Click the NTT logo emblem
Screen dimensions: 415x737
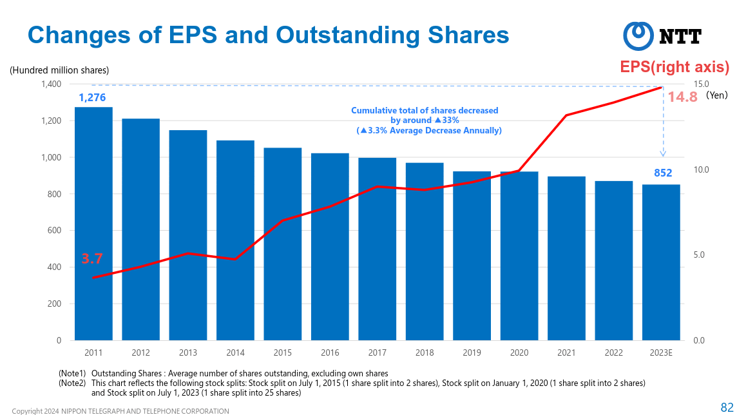point(638,36)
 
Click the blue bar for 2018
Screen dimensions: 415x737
point(425,251)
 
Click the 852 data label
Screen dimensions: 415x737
point(663,173)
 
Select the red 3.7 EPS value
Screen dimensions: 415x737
point(92,259)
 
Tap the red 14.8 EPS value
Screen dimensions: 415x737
point(682,97)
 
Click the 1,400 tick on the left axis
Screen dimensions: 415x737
point(51,84)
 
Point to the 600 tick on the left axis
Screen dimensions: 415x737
point(55,231)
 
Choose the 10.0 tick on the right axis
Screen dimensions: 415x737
point(701,170)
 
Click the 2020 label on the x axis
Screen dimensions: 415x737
point(519,352)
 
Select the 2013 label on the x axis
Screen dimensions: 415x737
point(188,352)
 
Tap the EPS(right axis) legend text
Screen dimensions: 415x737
point(675,67)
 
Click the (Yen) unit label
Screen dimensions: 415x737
point(716,95)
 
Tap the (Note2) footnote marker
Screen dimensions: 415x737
point(72,383)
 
